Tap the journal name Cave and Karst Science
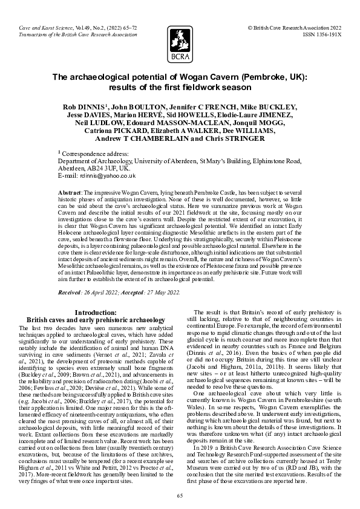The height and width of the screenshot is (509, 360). click(x=45, y=28)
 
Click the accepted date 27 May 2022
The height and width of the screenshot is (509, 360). click(x=161, y=292)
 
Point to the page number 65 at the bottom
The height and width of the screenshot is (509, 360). click(x=180, y=496)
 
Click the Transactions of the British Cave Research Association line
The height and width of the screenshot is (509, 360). click(x=77, y=35)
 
